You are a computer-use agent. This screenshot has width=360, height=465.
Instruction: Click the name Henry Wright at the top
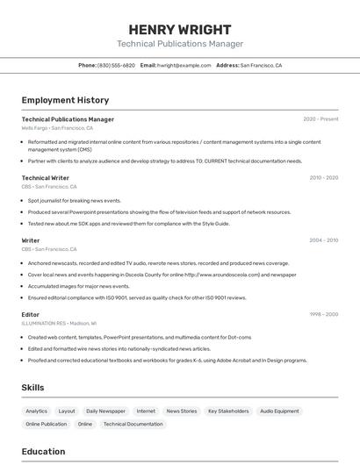[180, 29]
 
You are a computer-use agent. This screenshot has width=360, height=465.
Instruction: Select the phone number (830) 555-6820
[116, 65]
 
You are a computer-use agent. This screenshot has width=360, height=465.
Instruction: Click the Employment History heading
[65, 100]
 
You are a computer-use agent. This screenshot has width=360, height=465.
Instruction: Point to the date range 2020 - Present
[320, 119]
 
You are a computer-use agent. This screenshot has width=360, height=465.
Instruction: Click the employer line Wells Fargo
[57, 128]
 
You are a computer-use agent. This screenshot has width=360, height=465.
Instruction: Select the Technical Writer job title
[46, 178]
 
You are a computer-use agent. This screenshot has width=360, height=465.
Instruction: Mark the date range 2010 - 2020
[324, 178]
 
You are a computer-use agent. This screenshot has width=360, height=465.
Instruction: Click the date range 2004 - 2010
[324, 240]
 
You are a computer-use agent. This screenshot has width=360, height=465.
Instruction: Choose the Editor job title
[31, 314]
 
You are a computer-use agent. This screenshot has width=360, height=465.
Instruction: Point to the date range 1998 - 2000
[324, 314]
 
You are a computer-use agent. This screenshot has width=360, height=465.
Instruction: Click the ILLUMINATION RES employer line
[59, 323]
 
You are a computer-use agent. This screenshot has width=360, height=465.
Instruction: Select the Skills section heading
[32, 388]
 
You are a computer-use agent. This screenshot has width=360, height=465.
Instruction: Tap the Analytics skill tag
[37, 411]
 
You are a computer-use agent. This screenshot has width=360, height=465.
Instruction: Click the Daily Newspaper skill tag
[105, 411]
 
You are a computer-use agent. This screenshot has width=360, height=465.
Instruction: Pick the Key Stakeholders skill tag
[228, 411]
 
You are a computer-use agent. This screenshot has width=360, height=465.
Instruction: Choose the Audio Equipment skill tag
[279, 411]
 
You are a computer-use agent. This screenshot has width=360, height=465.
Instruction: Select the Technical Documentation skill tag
[133, 424]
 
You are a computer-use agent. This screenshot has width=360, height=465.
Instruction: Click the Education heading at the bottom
[43, 452]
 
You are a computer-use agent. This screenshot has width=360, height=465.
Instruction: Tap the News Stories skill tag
[182, 411]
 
